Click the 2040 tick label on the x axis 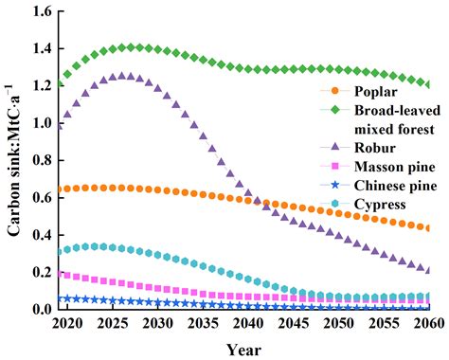click(x=247, y=324)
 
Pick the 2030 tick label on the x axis click(x=157, y=324)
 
